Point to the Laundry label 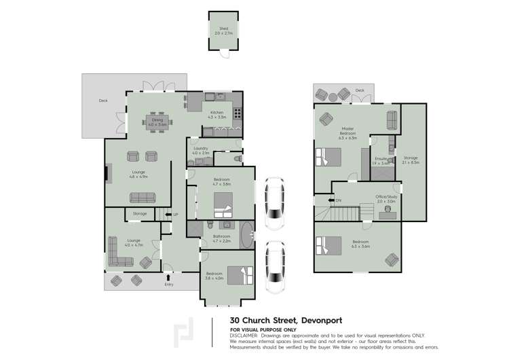200,150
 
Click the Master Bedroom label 348,130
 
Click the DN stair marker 338,200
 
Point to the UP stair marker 175,215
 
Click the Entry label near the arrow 169,284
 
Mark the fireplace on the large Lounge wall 107,173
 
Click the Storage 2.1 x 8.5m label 411,160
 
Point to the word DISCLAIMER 245,336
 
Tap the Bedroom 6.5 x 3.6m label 360,244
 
